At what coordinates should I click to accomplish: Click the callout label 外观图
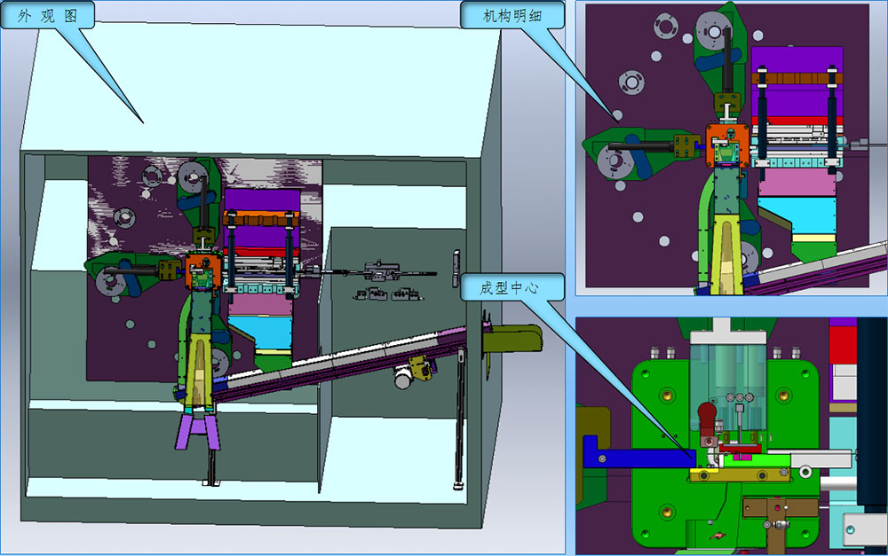click(x=47, y=15)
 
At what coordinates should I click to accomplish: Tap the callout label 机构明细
click(x=512, y=15)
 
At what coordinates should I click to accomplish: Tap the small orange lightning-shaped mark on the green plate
click(x=718, y=534)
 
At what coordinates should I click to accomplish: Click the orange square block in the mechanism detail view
click(x=728, y=145)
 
